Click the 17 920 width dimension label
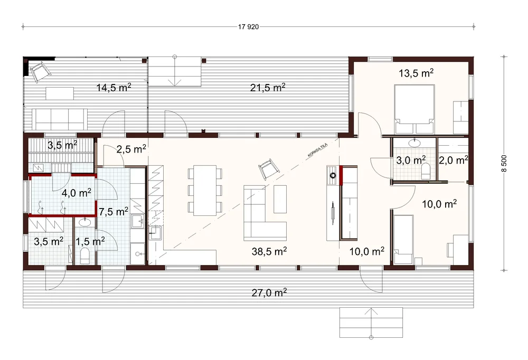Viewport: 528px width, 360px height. (249, 27)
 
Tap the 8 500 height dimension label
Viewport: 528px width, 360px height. (504, 164)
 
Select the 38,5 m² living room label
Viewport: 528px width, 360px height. (269, 251)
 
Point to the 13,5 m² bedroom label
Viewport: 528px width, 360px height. (416, 73)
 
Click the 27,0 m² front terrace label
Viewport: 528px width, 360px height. (269, 292)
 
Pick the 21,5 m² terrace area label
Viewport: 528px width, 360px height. (268, 87)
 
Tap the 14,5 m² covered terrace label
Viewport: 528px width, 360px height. (114, 87)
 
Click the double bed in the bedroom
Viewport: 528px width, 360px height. (414, 109)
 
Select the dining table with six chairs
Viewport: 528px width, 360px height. (205, 190)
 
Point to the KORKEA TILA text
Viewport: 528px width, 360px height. (317, 150)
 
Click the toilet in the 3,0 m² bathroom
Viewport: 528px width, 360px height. (426, 171)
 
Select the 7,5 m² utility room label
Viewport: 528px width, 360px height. (114, 212)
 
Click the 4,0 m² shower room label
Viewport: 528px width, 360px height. (77, 193)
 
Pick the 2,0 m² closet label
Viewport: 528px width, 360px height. (453, 160)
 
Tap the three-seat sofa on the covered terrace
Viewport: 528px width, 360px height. (60, 119)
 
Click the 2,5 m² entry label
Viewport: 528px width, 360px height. (131, 148)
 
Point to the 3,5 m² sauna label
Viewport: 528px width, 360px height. (62, 145)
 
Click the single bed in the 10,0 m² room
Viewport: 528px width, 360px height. (403, 239)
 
